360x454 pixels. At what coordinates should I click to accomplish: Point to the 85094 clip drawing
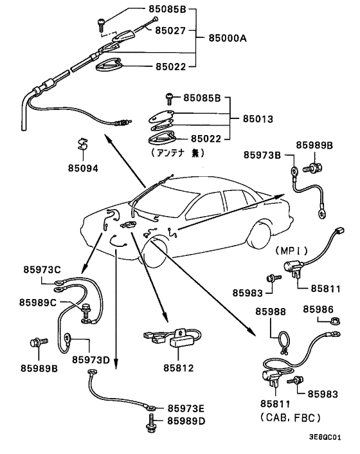[x=83, y=145]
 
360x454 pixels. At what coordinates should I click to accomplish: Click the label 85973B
[x=262, y=155]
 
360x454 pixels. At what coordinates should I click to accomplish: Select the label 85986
[x=318, y=309]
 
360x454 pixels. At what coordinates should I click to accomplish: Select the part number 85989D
[x=186, y=421]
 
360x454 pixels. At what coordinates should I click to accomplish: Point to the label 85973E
[x=186, y=408]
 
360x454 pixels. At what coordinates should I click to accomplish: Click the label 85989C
[x=38, y=302]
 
